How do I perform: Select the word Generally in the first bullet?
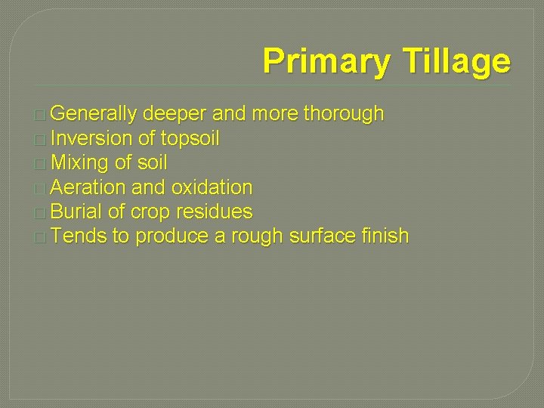(x=95, y=115)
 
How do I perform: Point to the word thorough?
(x=343, y=115)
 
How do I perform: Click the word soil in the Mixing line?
(x=151, y=163)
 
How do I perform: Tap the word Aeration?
(x=89, y=187)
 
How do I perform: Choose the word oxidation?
(x=212, y=187)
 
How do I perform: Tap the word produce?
(x=172, y=236)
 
